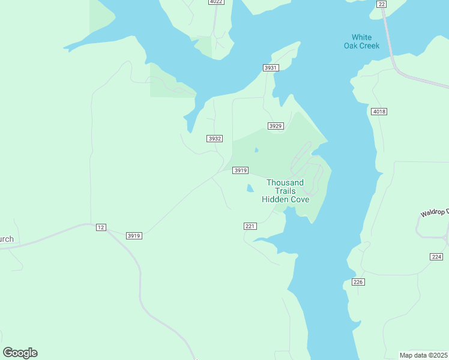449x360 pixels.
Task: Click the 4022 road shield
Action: click(x=216, y=2)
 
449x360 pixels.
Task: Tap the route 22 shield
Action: click(x=382, y=4)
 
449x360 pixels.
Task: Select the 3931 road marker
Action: click(x=271, y=68)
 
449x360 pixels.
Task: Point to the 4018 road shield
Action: click(x=379, y=112)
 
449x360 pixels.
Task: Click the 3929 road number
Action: click(x=276, y=126)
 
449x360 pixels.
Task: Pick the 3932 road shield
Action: click(x=215, y=139)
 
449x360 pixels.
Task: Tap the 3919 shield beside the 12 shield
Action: click(x=134, y=236)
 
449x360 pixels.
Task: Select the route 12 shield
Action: click(x=100, y=227)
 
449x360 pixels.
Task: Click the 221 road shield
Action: click(x=250, y=226)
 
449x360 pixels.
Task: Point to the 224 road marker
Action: click(x=436, y=256)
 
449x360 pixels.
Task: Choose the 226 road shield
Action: click(x=358, y=282)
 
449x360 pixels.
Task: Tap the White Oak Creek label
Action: click(x=361, y=41)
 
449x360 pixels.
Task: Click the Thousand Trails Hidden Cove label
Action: click(x=286, y=191)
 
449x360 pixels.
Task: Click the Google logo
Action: click(x=20, y=353)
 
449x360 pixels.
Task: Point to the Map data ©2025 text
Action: click(x=424, y=355)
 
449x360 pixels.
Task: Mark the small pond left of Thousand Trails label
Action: click(x=250, y=189)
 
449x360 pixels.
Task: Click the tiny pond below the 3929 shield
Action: click(x=257, y=150)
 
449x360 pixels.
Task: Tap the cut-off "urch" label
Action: click(x=7, y=239)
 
